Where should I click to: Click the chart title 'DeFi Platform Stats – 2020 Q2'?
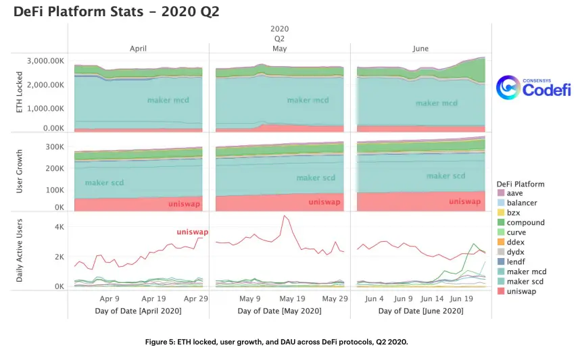[116, 11]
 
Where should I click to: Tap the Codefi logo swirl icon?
[508, 88]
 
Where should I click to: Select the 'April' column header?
[138, 49]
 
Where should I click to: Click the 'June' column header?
[420, 49]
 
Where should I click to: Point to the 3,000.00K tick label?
[45, 61]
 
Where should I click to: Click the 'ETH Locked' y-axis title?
[19, 92]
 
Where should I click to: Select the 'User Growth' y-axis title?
[19, 171]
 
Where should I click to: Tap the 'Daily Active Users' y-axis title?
[19, 251]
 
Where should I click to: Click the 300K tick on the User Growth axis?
[55, 147]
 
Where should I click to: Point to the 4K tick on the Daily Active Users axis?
[59, 227]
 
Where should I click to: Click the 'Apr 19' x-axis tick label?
[153, 299]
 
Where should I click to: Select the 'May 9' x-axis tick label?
[249, 299]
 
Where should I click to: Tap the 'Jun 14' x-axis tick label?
[432, 299]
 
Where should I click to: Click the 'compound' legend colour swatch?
[501, 222]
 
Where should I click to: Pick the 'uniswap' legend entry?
[516, 291]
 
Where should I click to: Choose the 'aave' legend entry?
[510, 193]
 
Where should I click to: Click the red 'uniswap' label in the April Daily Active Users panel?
[193, 232]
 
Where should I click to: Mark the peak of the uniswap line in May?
[284, 216]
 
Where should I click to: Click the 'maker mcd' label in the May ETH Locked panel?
[308, 100]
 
